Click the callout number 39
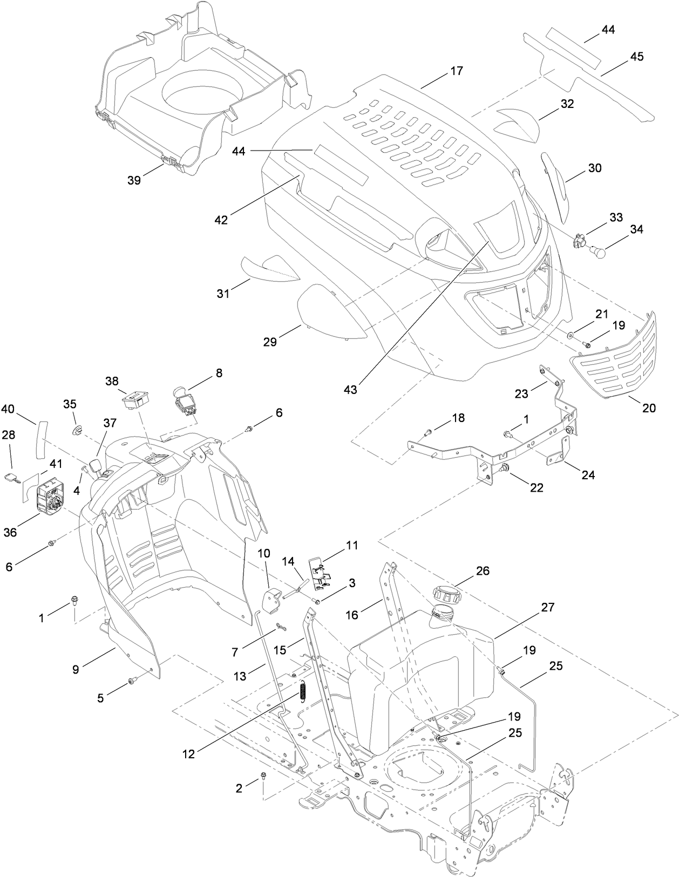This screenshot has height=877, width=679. [x=134, y=180]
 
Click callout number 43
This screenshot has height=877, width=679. [x=350, y=389]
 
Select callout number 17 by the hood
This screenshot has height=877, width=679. [x=456, y=71]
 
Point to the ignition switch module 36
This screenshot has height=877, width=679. [x=49, y=495]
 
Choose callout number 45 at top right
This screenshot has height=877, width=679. [x=636, y=57]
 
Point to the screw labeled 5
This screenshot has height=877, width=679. [x=131, y=683]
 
